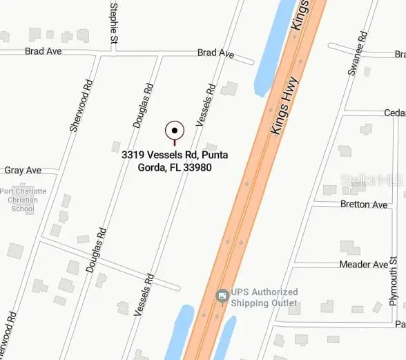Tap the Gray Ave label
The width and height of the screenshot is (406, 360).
tap(23, 170)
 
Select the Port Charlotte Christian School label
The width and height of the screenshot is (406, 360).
tap(23, 200)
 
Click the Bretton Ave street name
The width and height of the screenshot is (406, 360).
tap(364, 205)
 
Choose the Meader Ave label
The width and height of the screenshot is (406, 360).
tap(364, 265)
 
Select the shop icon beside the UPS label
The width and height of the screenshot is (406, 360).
tap(222, 296)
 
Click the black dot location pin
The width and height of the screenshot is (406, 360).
tap(175, 130)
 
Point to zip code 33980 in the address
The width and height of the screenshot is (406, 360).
tap(197, 167)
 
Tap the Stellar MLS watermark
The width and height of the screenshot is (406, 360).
tap(371, 180)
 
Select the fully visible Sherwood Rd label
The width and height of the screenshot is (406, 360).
tap(81, 105)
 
